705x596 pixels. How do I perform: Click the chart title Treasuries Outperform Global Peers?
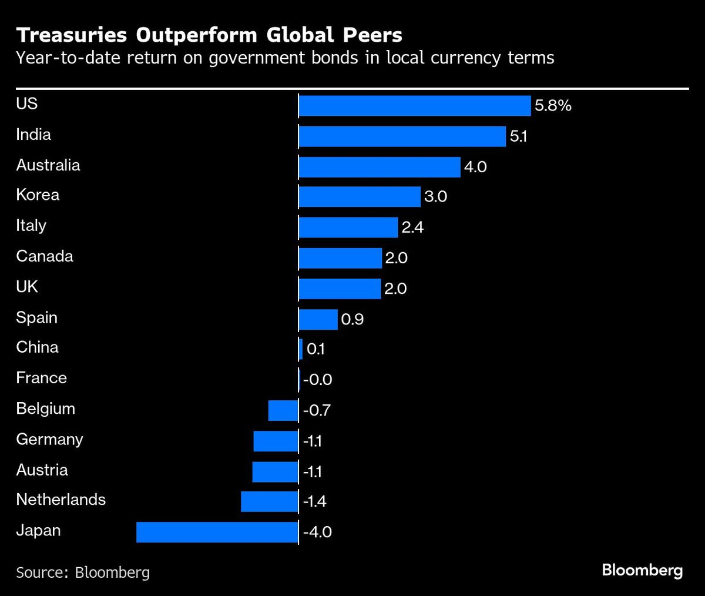coord(209,35)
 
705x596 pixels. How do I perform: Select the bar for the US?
coord(415,106)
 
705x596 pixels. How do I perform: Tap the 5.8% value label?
coord(553,106)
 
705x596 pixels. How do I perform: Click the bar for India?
coord(402,136)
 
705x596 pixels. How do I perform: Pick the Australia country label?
coord(48,165)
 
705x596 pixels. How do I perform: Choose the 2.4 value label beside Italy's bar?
coord(412,227)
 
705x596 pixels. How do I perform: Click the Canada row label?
coord(45,256)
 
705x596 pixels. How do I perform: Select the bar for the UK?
coord(340,289)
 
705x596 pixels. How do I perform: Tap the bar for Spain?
coord(318,319)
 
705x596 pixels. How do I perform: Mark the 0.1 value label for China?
coord(315,350)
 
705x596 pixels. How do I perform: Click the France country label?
coord(41,378)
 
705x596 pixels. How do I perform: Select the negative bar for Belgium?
coord(283,410)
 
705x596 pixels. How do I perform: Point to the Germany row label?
coord(49,440)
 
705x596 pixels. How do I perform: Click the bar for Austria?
coord(275,471)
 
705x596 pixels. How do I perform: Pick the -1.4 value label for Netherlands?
coord(314,502)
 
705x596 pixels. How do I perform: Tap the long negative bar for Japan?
coord(217,533)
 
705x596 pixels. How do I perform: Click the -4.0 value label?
coord(317,533)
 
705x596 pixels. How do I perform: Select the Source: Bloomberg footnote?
coord(83,572)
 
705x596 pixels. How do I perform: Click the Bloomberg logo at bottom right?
coord(642,570)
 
